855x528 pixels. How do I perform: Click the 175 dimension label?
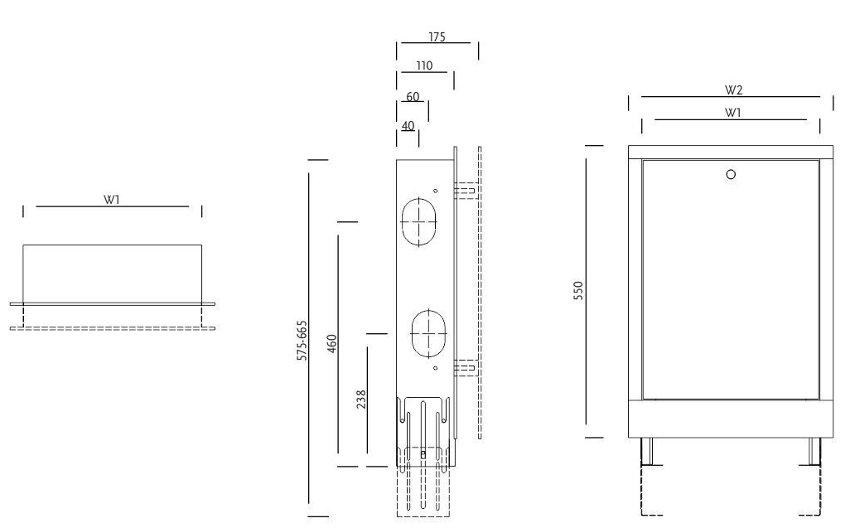(x=437, y=37)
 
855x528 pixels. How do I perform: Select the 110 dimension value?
(x=424, y=66)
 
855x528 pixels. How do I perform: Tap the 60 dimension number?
(x=413, y=96)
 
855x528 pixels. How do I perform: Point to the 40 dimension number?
(x=408, y=125)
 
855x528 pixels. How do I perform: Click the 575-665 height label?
(x=302, y=341)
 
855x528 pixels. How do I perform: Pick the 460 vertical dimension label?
(x=331, y=344)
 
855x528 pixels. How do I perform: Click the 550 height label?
(x=578, y=291)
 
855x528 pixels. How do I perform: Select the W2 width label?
(x=733, y=90)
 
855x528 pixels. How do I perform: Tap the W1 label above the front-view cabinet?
(x=733, y=113)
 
